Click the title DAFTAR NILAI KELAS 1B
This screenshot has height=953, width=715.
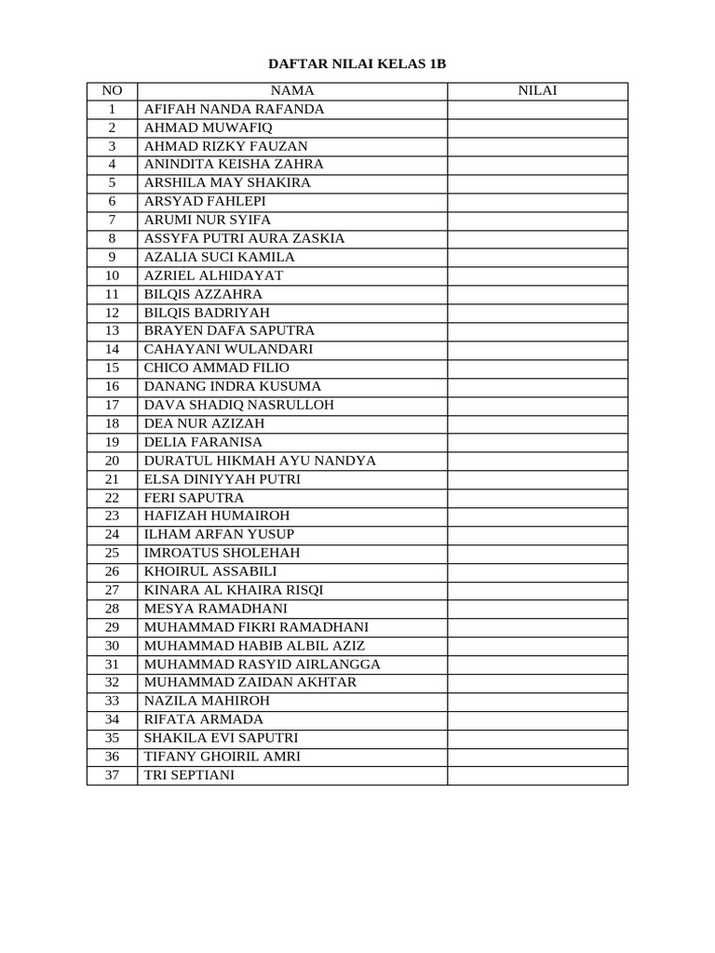[357, 64]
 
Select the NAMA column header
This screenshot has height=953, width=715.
[292, 90]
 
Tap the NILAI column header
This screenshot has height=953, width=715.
[537, 90]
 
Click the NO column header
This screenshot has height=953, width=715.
[112, 90]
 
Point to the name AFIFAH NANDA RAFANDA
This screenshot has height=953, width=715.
[234, 109]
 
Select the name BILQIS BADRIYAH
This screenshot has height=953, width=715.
[207, 313]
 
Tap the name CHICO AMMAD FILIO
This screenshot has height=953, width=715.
[217, 368]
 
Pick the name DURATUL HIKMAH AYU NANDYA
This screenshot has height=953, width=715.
[260, 461]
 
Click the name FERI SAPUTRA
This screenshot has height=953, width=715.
[194, 498]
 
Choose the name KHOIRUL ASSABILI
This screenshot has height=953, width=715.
[210, 571]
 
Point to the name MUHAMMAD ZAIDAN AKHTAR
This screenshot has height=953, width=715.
[250, 682]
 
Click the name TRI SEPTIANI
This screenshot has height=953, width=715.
[190, 774]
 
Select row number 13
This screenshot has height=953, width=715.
[112, 330]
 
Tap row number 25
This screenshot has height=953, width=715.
[112, 553]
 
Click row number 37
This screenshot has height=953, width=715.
[112, 774]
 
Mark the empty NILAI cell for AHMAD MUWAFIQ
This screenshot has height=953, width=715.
[537, 128]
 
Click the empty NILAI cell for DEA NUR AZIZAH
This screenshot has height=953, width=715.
[537, 423]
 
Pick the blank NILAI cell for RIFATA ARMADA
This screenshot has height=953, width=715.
[537, 719]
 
